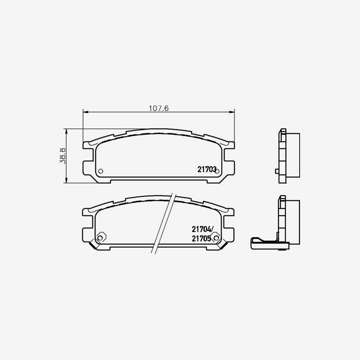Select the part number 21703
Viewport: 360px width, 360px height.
click(207, 170)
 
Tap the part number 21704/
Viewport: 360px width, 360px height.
click(203, 229)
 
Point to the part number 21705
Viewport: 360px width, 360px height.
click(201, 238)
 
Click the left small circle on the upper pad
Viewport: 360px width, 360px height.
click(100, 171)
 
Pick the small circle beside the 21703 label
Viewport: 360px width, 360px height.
click(218, 171)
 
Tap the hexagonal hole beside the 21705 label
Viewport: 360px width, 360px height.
click(217, 238)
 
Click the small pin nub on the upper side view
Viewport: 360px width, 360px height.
click(277, 172)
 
